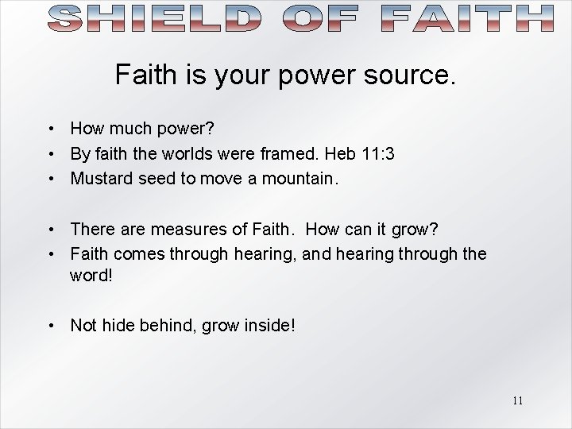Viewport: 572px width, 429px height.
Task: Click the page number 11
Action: [x=517, y=400]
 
